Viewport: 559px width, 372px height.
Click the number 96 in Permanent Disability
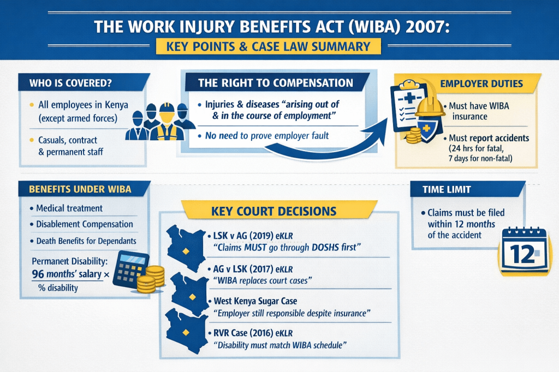(38, 274)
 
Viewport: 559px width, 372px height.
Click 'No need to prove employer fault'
(267, 135)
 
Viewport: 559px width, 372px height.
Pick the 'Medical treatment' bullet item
(69, 208)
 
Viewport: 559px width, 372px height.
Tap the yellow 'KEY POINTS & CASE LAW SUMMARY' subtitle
(267, 46)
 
